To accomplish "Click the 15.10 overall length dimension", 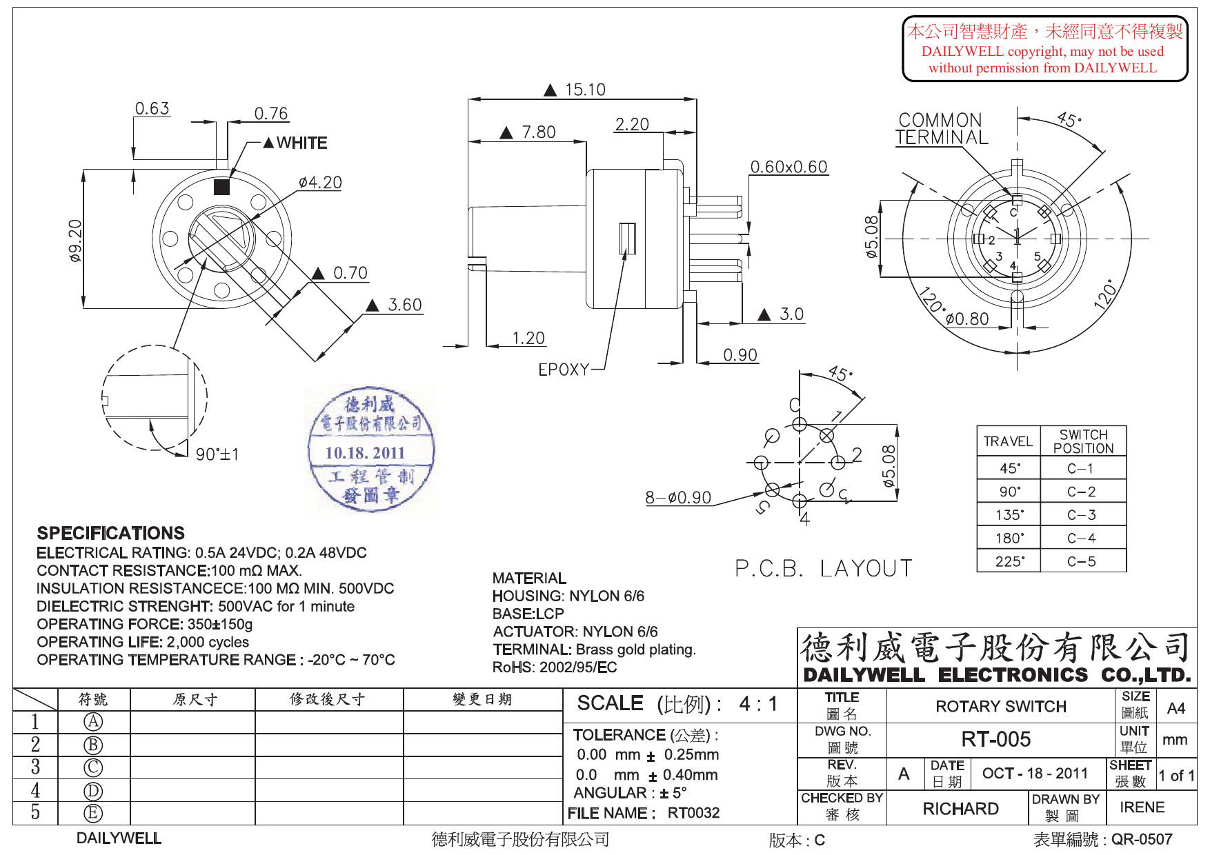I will click(584, 90).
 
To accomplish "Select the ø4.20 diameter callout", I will click(320, 183).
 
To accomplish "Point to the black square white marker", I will click(221, 187).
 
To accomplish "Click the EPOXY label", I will click(564, 370).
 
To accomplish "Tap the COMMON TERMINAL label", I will click(941, 129).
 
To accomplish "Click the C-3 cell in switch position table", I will click(1081, 515).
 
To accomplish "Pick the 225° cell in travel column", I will click(1009, 561).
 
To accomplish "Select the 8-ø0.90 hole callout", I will click(677, 497).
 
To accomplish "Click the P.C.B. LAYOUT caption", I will click(823, 568).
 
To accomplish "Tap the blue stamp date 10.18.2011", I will click(365, 453).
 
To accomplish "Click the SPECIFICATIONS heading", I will click(110, 533).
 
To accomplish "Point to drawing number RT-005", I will click(995, 739).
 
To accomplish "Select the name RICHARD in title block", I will click(960, 808).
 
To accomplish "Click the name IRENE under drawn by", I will click(1142, 807).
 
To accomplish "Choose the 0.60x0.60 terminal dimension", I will click(789, 167).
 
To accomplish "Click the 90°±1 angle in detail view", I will click(217, 454).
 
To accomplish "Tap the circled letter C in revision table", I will click(93, 767).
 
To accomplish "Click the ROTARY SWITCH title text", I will click(1000, 707).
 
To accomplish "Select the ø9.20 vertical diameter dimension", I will click(75, 240).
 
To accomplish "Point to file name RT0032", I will click(693, 813).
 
